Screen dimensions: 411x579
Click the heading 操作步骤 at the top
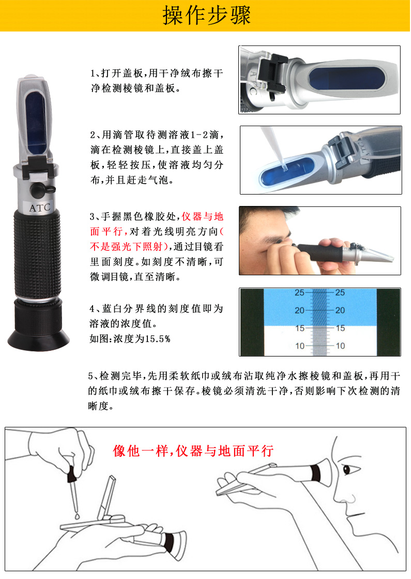[207, 16]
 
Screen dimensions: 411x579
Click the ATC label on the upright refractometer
[39, 208]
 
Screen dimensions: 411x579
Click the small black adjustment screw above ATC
[40, 190]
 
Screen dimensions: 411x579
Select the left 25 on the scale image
[299, 293]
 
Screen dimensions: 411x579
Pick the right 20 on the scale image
[340, 310]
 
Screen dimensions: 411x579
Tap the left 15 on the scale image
[299, 328]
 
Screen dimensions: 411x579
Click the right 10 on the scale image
[340, 346]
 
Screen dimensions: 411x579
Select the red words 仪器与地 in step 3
[203, 216]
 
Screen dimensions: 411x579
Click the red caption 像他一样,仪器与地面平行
[193, 451]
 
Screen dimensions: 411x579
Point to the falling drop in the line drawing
[77, 515]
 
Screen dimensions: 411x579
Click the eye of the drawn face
[347, 469]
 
